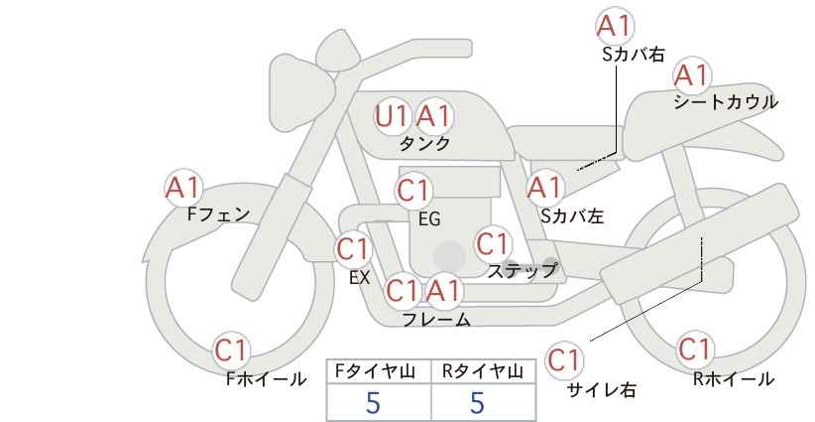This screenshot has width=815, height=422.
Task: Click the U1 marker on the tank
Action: click(x=392, y=116)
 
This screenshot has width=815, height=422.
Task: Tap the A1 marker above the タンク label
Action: click(x=434, y=116)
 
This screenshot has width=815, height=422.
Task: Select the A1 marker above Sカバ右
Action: click(x=615, y=26)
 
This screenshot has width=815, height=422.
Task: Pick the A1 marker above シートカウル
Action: click(x=692, y=75)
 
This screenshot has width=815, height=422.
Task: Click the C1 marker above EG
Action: click(x=413, y=191)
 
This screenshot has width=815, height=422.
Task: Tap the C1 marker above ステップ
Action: click(x=493, y=243)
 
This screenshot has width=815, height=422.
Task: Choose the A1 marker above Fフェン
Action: click(x=182, y=188)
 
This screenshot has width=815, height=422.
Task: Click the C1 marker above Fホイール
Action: click(x=231, y=351)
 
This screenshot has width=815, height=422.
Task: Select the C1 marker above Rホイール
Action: click(x=695, y=350)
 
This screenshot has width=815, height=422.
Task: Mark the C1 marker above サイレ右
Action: click(x=564, y=360)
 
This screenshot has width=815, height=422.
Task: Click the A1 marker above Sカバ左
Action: click(x=545, y=188)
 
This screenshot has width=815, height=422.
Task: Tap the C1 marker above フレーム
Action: click(x=403, y=291)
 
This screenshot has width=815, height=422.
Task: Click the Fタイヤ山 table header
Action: click(x=375, y=371)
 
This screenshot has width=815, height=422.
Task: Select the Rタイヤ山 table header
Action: click(x=483, y=371)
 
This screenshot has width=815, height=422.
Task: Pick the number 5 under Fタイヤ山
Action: click(x=373, y=403)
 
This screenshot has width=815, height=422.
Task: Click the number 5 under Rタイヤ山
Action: click(x=478, y=403)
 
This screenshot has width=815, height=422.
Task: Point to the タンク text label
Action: click(x=424, y=143)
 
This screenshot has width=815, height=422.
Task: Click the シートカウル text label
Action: click(x=726, y=102)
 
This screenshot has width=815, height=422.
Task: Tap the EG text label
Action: click(x=430, y=219)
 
